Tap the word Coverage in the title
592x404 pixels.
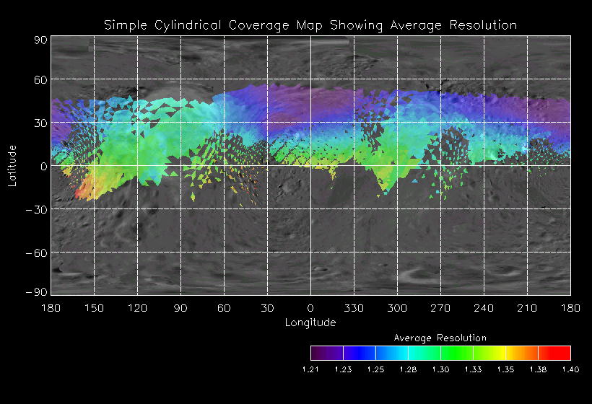pyautogui.click(x=268, y=25)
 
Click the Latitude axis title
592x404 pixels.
pyautogui.click(x=12, y=166)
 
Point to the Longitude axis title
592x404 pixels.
pyautogui.click(x=310, y=322)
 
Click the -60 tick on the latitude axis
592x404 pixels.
pyautogui.click(x=38, y=252)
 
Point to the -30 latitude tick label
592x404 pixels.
pyautogui.click(x=38, y=209)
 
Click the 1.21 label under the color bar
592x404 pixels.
pyautogui.click(x=310, y=369)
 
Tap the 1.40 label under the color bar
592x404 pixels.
pyautogui.click(x=570, y=369)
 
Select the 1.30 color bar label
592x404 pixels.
pyautogui.click(x=440, y=369)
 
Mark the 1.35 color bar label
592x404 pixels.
pyautogui.click(x=505, y=369)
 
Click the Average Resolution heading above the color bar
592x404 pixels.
pyautogui.click(x=440, y=338)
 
